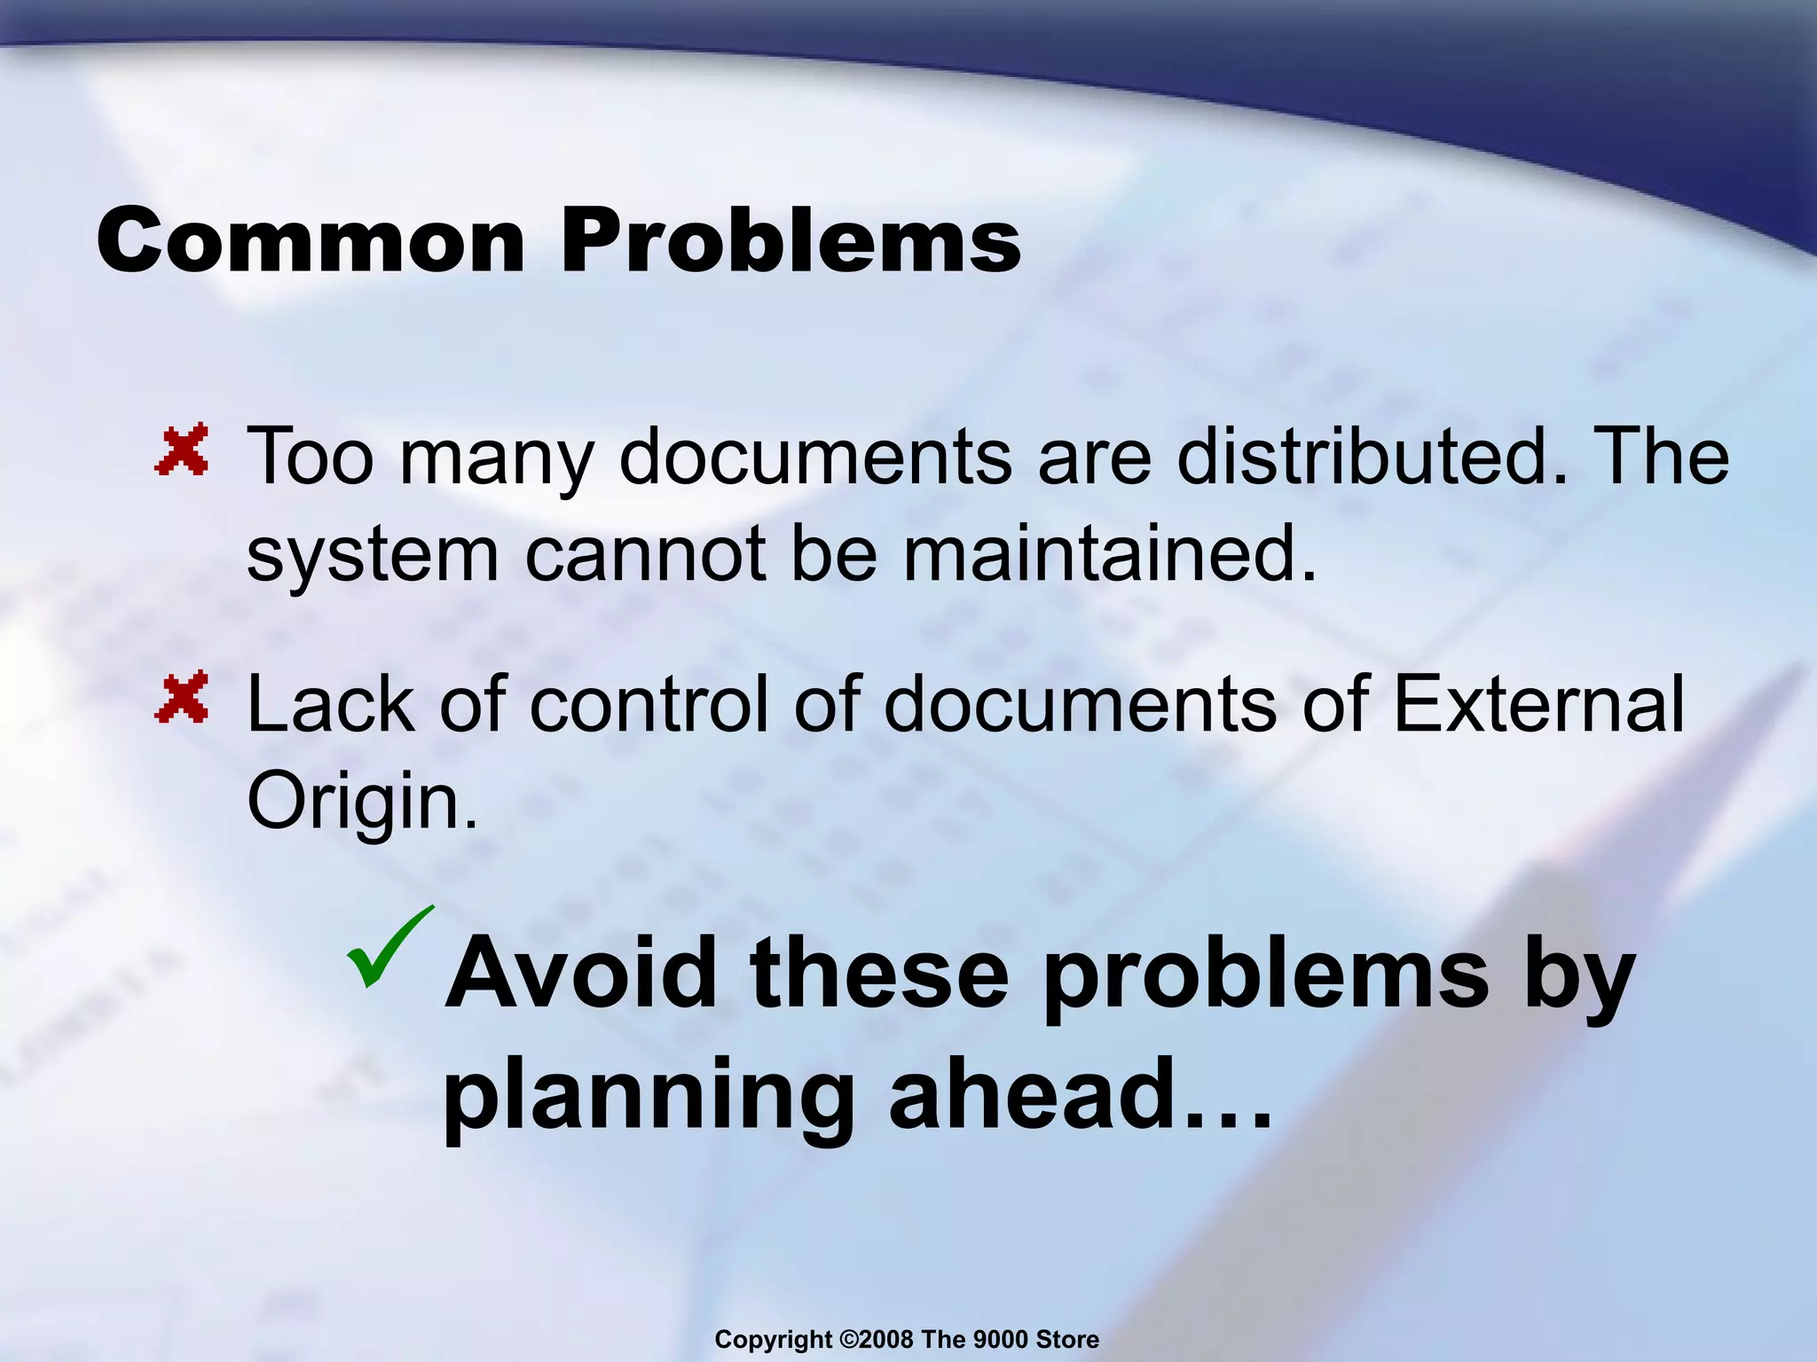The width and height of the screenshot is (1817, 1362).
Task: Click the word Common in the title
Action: coord(311,242)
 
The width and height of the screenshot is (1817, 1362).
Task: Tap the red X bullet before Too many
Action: coord(183,450)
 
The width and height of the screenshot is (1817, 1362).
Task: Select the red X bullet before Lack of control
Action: coord(183,697)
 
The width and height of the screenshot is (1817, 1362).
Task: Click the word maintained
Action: coord(1110,554)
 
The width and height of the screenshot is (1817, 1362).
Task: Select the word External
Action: coord(1538,705)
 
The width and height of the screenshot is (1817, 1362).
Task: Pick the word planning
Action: coord(648,1098)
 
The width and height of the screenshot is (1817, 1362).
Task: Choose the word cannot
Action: coord(645,554)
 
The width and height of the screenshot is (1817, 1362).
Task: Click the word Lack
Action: coord(331,705)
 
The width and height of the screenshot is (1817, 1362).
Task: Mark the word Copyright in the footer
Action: coord(774,1340)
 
